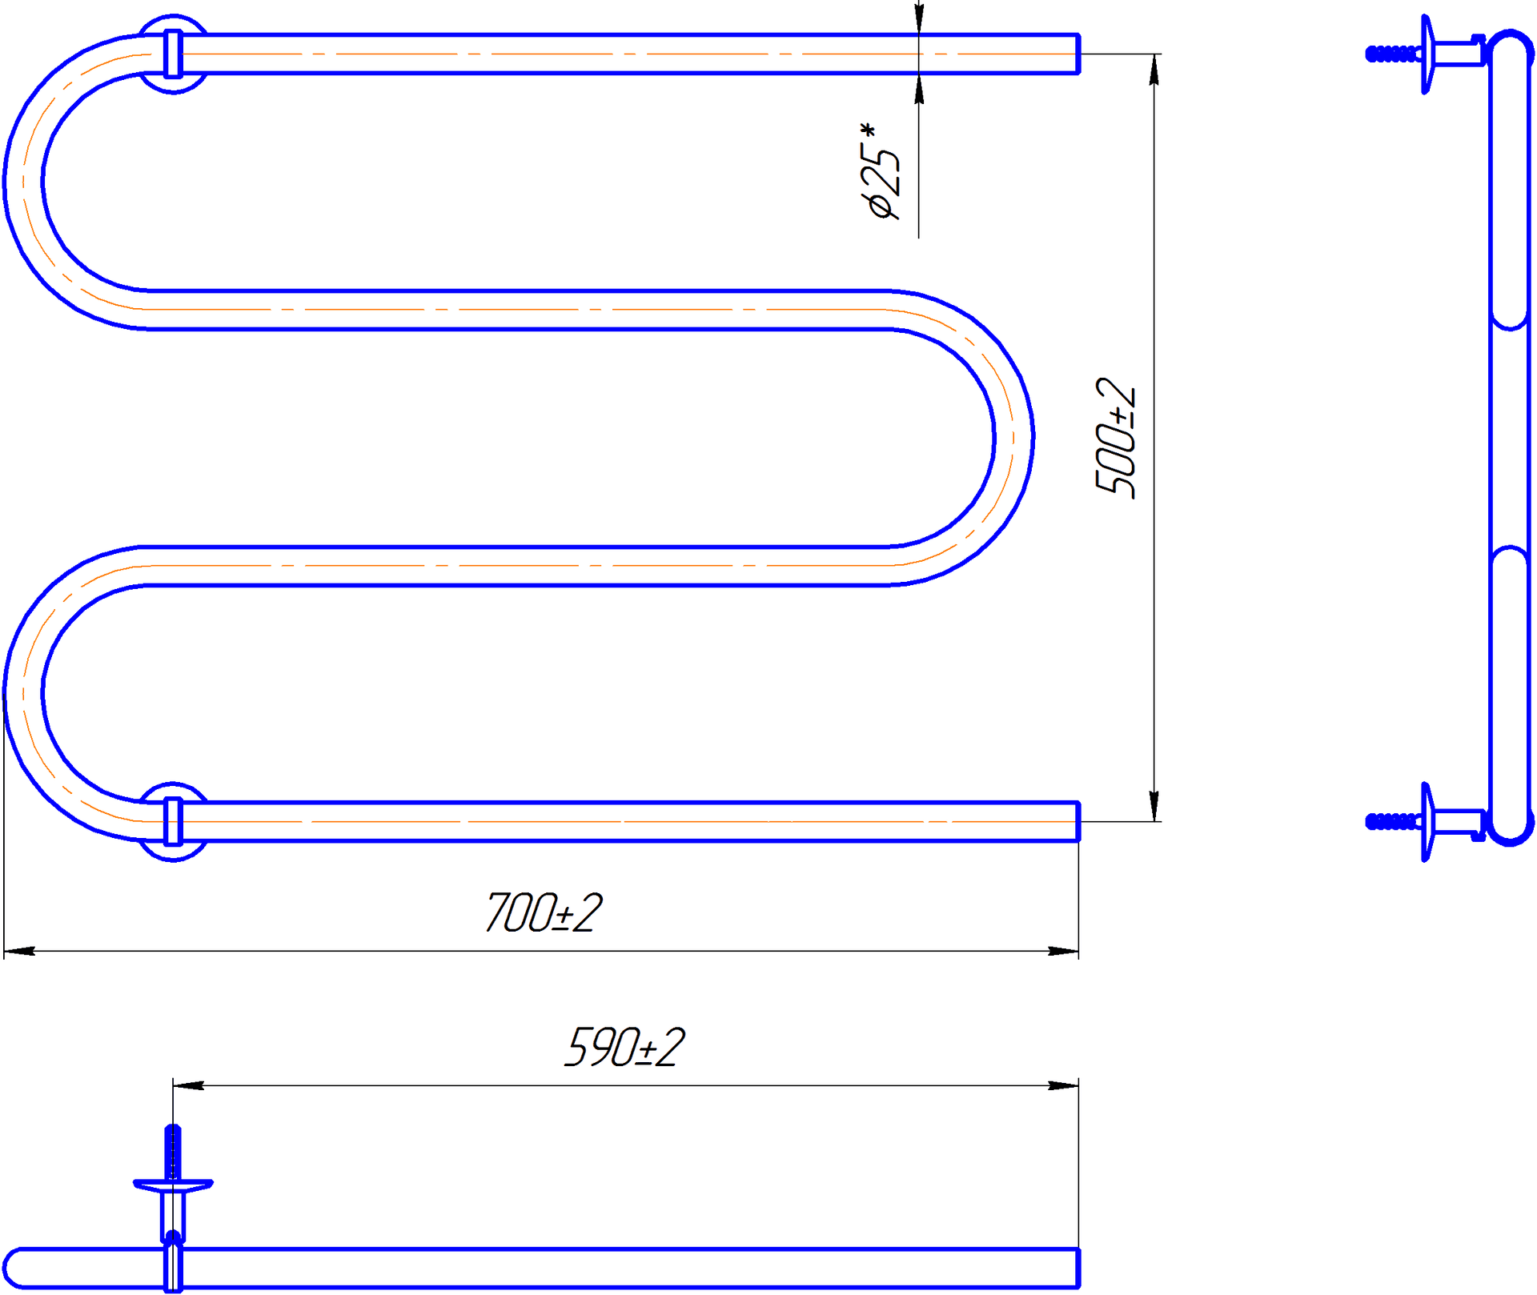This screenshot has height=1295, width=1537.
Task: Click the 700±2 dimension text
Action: point(544,913)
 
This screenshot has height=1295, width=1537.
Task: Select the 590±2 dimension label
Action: point(624,1048)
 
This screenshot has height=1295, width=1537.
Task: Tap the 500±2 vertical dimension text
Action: point(1115,437)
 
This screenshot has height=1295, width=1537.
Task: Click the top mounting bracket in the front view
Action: point(173,54)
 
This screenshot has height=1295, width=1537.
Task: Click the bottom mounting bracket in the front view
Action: point(173,821)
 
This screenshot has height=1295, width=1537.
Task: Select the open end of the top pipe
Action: point(1078,54)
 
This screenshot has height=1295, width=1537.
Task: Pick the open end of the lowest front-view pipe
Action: point(1078,821)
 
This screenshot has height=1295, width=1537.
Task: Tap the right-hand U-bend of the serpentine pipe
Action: point(1013,438)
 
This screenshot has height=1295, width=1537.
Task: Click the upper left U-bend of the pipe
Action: point(23,182)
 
